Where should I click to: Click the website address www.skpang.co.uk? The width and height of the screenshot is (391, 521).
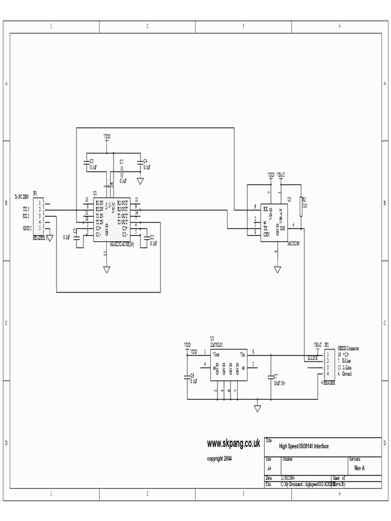tap(234, 444)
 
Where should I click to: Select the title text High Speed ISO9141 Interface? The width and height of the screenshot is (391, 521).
tap(304, 446)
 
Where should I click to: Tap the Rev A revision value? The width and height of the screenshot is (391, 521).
tap(359, 468)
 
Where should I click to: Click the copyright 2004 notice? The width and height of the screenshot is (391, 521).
tap(219, 458)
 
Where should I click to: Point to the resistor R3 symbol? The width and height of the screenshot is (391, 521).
tap(301, 207)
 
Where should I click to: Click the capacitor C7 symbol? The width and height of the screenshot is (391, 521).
tap(270, 377)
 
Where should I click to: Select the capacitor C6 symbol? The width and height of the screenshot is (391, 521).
tap(187, 377)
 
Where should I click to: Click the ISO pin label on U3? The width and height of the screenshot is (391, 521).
tap(283, 227)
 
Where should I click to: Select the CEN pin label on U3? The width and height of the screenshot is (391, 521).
tap(266, 233)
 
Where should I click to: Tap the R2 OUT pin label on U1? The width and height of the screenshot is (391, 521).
tap(123, 209)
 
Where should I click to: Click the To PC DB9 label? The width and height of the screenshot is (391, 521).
tap(23, 197)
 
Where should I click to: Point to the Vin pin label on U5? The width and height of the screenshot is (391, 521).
tap(243, 353)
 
